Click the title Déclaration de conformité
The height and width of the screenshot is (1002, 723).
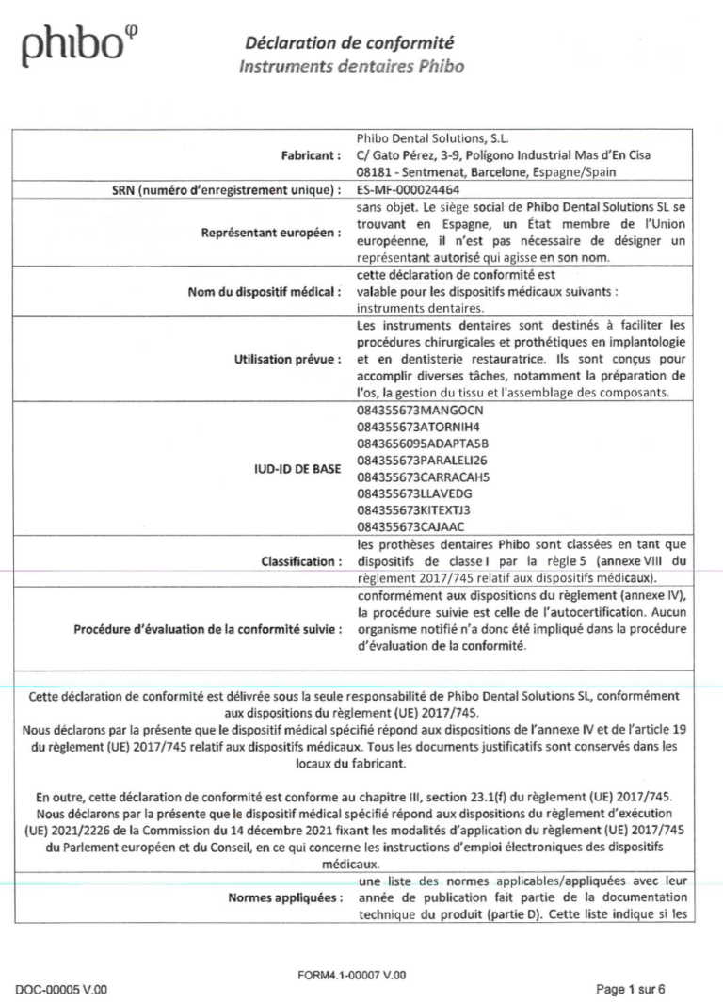[x=349, y=42]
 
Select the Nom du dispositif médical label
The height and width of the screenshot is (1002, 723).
[x=249, y=291]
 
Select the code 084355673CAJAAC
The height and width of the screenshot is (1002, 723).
[x=407, y=528]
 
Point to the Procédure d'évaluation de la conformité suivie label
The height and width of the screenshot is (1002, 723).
[x=208, y=629]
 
